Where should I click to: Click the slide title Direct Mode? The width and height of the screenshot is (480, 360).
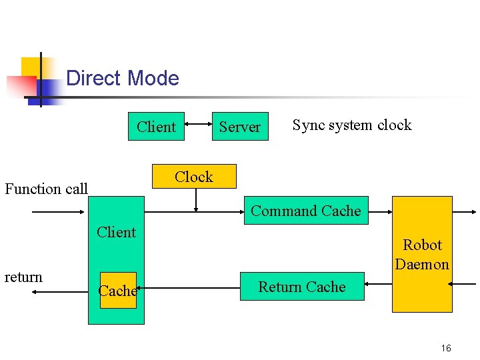[123, 78]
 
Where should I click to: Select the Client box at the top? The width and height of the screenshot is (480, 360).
[156, 127]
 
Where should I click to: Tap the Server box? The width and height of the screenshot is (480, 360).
[240, 127]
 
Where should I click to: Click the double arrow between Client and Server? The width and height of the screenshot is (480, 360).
[198, 123]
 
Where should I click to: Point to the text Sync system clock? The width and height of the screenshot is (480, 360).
[352, 125]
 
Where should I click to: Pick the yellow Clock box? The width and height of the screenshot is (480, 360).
[194, 177]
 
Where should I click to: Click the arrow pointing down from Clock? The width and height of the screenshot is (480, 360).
[195, 201]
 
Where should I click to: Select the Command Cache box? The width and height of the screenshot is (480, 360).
[306, 211]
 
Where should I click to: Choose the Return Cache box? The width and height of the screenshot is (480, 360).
[302, 287]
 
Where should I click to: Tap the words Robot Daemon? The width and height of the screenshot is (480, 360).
[422, 255]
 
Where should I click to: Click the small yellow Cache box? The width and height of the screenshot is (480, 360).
[118, 291]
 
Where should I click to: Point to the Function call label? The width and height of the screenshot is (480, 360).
[47, 189]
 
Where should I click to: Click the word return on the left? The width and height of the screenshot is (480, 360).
[23, 277]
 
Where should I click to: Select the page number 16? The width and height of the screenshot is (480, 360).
[446, 348]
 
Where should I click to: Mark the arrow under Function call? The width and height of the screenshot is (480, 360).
[60, 212]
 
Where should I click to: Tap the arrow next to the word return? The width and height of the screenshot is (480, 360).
[60, 292]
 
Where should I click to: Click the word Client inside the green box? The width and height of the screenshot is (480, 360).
[116, 232]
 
